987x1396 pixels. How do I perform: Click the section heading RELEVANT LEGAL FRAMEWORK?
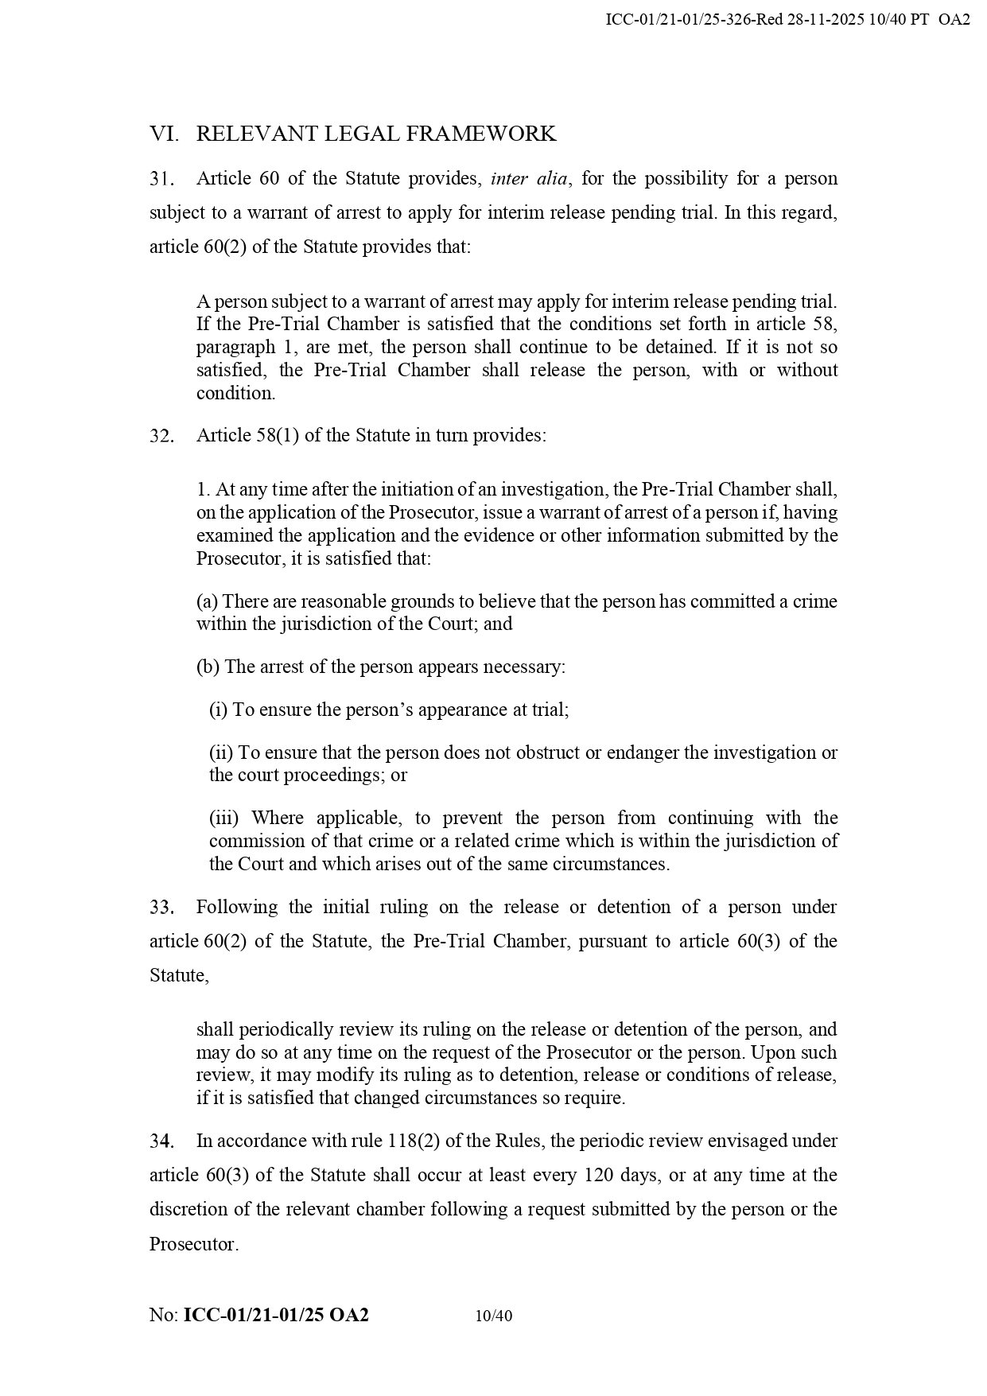click(375, 134)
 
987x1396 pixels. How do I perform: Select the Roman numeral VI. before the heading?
click(164, 134)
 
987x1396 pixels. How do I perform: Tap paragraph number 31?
click(161, 179)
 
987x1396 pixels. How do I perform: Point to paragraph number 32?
click(161, 436)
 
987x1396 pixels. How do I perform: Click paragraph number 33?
click(161, 908)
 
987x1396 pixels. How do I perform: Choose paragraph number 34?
click(161, 1141)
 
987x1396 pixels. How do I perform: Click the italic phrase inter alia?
click(529, 178)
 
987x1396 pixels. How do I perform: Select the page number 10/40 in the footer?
click(493, 1316)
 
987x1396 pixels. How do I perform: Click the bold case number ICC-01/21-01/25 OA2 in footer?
click(276, 1315)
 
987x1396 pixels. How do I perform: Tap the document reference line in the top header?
click(787, 20)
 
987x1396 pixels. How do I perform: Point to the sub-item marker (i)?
click(218, 710)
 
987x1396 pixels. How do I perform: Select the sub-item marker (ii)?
click(221, 752)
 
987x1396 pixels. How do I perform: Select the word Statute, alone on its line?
click(179, 975)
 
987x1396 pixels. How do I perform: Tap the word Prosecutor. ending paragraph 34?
click(194, 1244)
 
